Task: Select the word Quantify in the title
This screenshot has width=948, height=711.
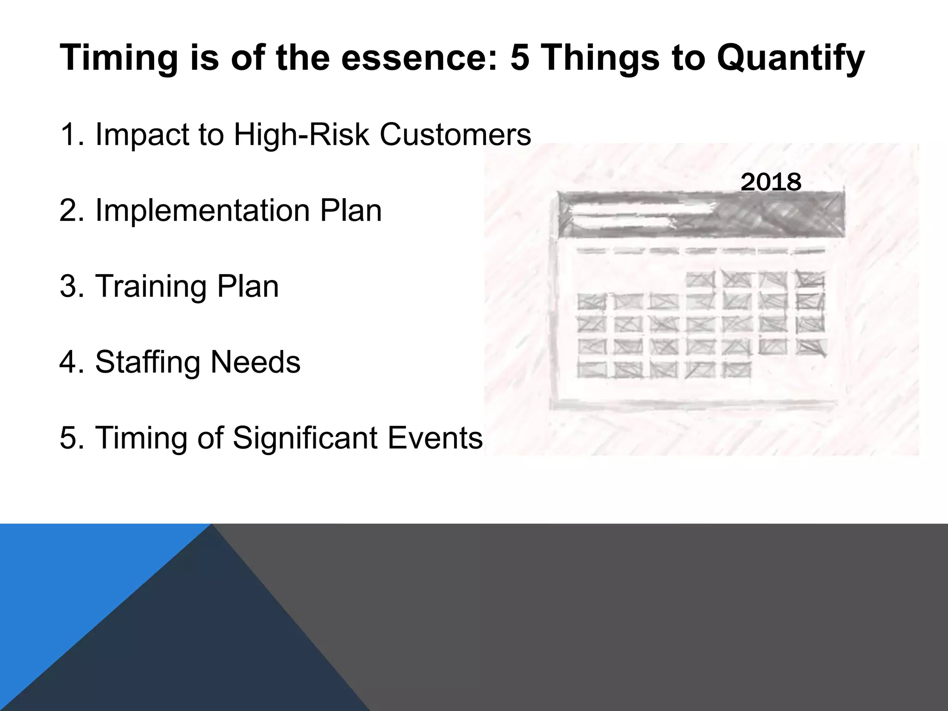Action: coord(790,58)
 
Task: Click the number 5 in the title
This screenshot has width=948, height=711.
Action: coord(519,58)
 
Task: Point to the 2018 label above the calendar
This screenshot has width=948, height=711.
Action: coord(771,182)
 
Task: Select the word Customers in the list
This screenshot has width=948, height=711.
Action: coord(455,135)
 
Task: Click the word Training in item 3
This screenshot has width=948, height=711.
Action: coord(151,287)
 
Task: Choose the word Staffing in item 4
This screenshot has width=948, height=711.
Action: coord(148,362)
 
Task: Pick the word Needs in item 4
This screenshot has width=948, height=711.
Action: coord(256,362)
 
